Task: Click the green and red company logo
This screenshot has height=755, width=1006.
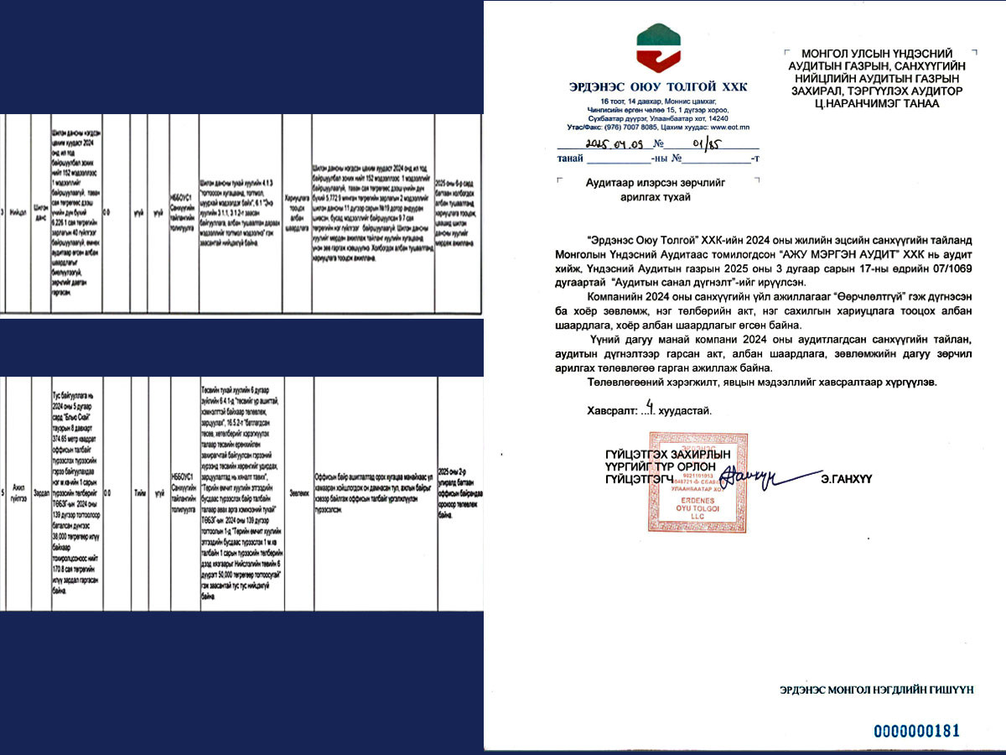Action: [658, 48]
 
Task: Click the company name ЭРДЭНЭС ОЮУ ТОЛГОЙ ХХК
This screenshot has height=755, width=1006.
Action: [657, 86]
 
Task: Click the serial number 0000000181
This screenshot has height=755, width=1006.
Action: [916, 731]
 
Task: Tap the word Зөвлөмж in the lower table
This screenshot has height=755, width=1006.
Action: [298, 494]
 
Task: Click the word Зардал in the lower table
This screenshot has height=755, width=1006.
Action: [41, 494]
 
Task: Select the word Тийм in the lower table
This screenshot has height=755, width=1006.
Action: [138, 494]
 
